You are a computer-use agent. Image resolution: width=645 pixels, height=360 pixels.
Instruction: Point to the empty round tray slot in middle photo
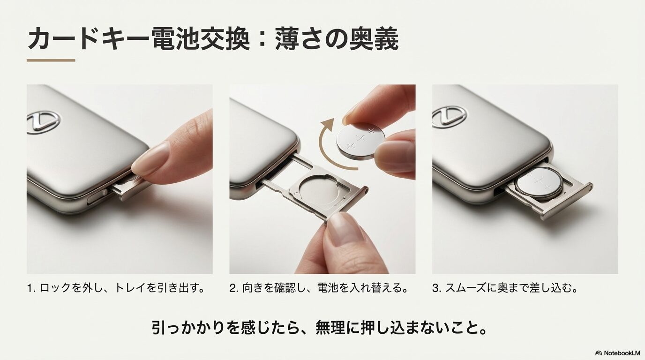[x=316, y=193]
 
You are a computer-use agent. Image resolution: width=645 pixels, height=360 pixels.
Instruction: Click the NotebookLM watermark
[x=617, y=352]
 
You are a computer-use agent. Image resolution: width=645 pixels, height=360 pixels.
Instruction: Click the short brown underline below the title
[x=51, y=60]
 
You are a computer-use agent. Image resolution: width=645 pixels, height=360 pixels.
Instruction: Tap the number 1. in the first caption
[x=31, y=288]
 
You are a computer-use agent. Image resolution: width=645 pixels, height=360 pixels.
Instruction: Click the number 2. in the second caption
[x=234, y=288]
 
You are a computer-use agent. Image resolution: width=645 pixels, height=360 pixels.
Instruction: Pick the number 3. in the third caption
[x=437, y=288]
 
